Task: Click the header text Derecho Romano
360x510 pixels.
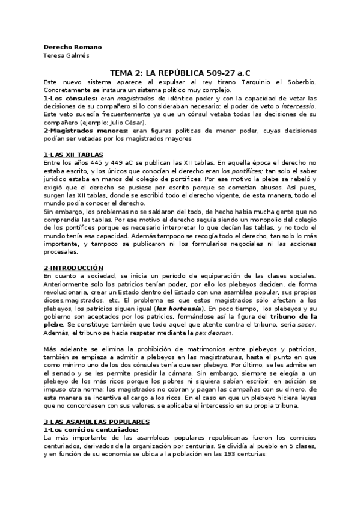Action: point(73,47)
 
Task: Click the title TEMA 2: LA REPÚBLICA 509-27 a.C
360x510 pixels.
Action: point(180,73)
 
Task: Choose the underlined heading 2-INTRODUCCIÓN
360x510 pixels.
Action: point(73,268)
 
